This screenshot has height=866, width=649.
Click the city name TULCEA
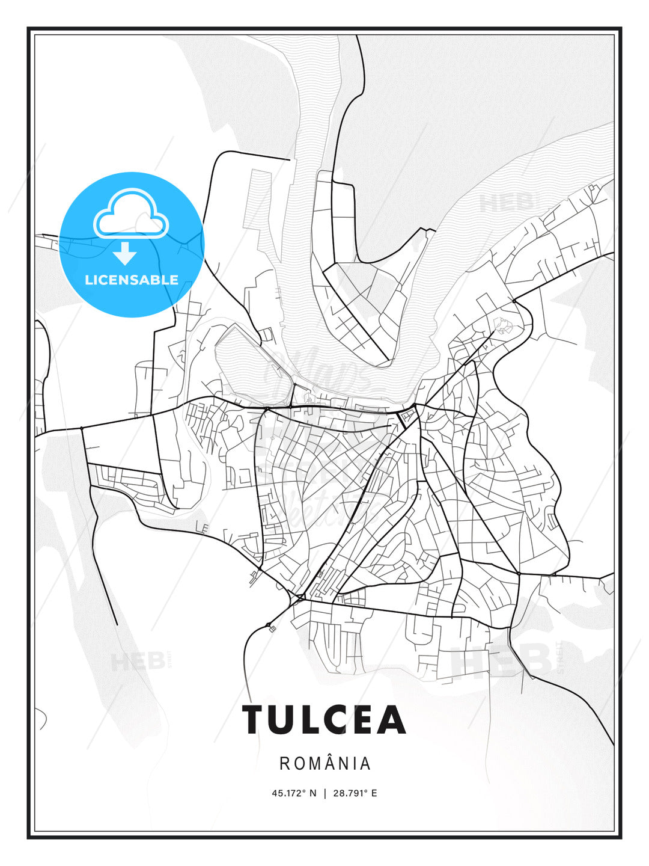tap(324, 719)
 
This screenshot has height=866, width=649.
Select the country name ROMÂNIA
tap(324, 763)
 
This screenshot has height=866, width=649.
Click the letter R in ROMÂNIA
tap(284, 764)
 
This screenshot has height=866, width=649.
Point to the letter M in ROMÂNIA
tap(313, 764)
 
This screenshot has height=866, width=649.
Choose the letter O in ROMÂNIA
tap(298, 764)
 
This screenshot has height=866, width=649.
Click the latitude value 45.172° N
tap(294, 793)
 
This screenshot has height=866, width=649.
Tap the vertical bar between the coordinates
tap(325, 793)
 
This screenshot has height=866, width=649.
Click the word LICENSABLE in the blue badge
tap(132, 280)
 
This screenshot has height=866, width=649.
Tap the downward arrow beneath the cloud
tap(125, 253)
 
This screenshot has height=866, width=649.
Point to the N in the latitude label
tap(312, 793)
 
